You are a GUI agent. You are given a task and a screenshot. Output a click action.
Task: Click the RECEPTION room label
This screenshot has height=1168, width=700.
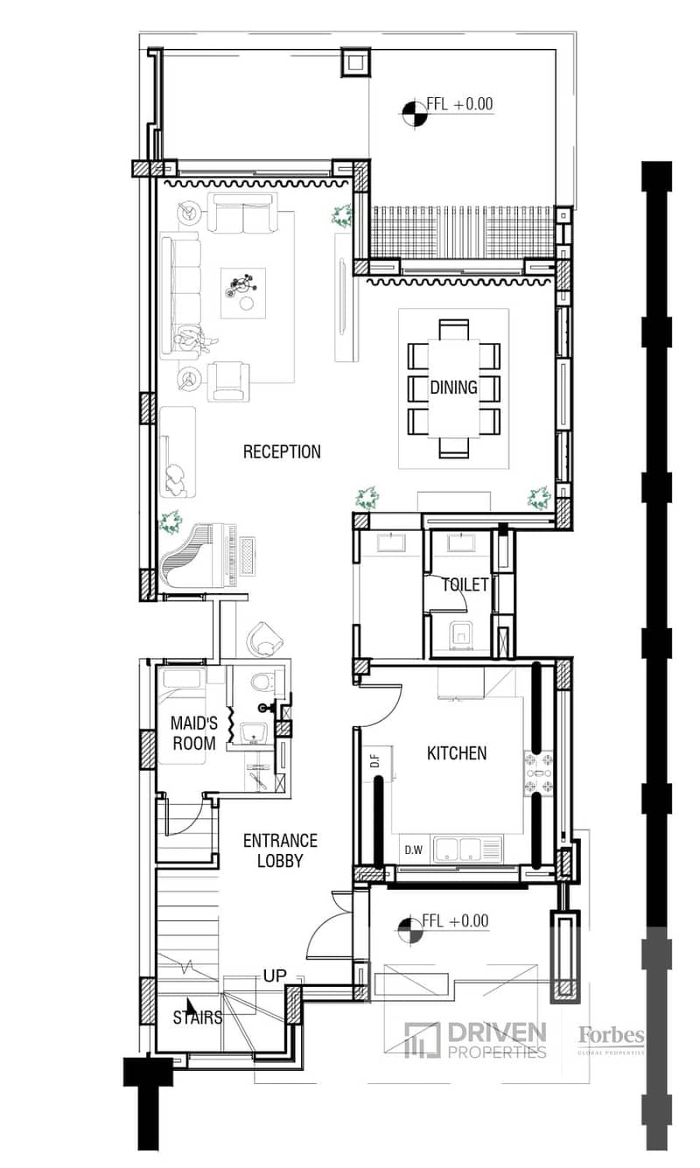[282, 451]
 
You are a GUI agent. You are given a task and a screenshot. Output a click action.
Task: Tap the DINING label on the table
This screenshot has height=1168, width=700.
[454, 387]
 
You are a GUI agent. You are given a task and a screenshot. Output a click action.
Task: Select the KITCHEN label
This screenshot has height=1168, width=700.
[457, 753]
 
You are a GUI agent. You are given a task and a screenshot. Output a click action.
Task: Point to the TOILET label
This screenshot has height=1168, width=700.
[465, 585]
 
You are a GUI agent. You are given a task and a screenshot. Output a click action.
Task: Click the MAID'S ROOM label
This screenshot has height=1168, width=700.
[194, 732]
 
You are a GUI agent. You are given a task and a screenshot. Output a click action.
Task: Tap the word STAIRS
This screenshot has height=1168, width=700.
[197, 1017]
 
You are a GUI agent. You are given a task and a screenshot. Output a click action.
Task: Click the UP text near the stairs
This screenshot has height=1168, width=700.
[275, 976]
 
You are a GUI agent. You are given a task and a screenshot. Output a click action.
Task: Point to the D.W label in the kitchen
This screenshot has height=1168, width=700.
[414, 850]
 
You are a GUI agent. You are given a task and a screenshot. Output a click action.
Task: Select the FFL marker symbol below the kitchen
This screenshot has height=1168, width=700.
[410, 931]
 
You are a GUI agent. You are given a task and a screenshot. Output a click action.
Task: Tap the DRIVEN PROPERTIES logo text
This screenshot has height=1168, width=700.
[497, 1040]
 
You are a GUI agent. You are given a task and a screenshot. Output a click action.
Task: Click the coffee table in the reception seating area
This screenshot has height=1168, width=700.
[243, 293]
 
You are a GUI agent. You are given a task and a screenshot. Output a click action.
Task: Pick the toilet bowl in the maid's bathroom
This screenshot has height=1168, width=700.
[260, 682]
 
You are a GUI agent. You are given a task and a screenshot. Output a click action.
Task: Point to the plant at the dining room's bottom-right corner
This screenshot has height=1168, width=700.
[539, 499]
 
